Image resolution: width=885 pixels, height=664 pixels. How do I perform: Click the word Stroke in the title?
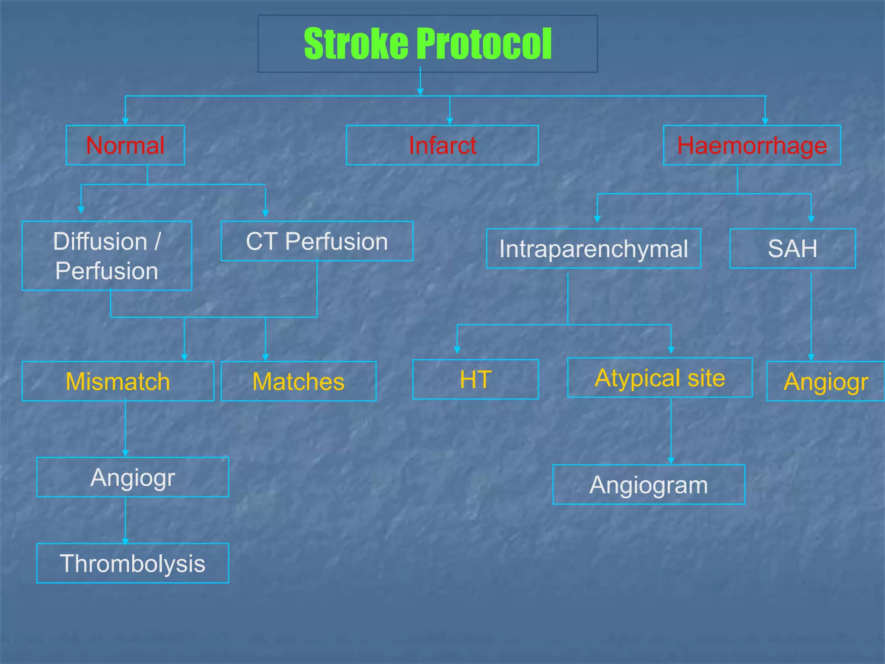tap(356, 44)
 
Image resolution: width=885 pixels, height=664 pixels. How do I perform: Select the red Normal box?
tap(125, 145)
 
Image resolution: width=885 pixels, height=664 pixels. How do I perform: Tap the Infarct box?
tap(442, 145)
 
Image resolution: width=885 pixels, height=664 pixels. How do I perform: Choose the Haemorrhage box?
tap(751, 145)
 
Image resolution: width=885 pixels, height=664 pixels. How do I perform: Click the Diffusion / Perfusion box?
tap(107, 256)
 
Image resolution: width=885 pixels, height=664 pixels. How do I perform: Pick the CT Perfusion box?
tap(317, 241)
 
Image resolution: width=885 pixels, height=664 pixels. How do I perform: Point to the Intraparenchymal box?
tap(593, 249)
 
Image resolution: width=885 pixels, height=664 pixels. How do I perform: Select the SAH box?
tap(792, 249)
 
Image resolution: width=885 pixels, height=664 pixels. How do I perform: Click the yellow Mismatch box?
tap(118, 381)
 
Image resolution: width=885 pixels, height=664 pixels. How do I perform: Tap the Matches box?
tap(298, 381)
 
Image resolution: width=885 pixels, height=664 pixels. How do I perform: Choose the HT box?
tap(475, 379)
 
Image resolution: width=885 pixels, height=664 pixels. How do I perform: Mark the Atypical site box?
tap(659, 378)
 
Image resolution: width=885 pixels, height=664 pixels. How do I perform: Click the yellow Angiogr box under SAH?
tap(825, 381)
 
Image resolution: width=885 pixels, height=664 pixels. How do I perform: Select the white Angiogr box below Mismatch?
tap(132, 477)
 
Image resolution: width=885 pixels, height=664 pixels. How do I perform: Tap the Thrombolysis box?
tap(132, 563)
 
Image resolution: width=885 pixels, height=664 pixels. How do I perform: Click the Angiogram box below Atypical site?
tap(649, 485)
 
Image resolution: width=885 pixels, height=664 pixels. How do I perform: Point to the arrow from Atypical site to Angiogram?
tap(671, 432)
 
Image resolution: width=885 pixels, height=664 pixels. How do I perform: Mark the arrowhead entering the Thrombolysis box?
tap(125, 541)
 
